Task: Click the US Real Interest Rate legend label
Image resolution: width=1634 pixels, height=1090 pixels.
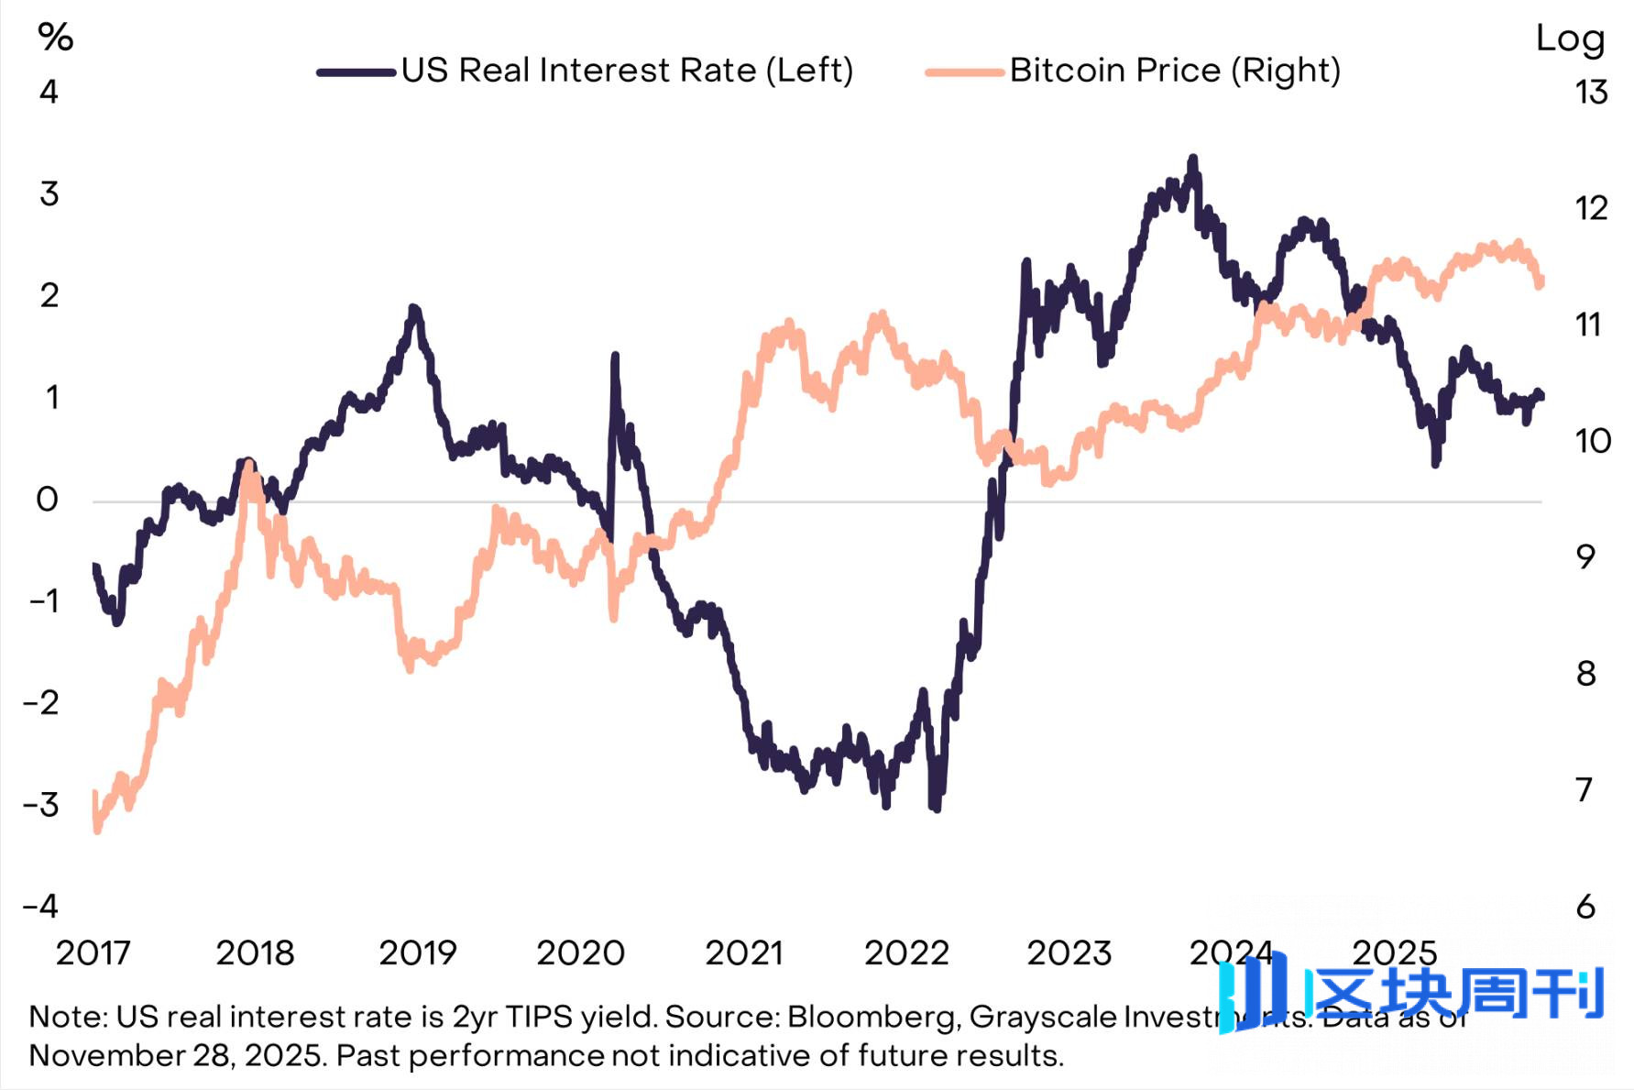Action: tap(627, 71)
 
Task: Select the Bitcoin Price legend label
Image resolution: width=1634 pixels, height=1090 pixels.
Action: tap(1175, 71)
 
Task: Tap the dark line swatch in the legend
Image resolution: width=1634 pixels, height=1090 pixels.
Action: tap(356, 72)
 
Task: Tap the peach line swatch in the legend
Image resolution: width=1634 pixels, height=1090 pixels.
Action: tap(964, 72)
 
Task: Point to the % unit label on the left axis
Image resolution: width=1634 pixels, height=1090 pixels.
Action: tap(55, 38)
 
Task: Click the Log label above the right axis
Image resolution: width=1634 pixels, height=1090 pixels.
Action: tap(1570, 39)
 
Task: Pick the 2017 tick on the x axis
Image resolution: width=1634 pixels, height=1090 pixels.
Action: tap(93, 953)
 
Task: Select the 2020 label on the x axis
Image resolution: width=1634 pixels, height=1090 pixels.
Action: tap(580, 953)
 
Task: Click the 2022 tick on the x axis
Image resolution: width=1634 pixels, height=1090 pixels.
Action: tap(905, 953)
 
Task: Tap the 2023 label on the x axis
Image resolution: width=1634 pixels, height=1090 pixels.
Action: tap(1069, 953)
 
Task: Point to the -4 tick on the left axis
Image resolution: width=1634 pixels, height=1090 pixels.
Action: tap(41, 907)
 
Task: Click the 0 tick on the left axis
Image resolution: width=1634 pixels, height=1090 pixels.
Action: tap(47, 500)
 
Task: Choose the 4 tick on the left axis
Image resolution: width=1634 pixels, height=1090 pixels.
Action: tap(49, 92)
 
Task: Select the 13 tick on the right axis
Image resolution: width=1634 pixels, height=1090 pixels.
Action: tap(1591, 93)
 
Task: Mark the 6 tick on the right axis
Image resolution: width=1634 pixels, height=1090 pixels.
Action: tap(1585, 907)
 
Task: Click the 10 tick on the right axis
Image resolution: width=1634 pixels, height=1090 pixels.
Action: tap(1593, 441)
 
